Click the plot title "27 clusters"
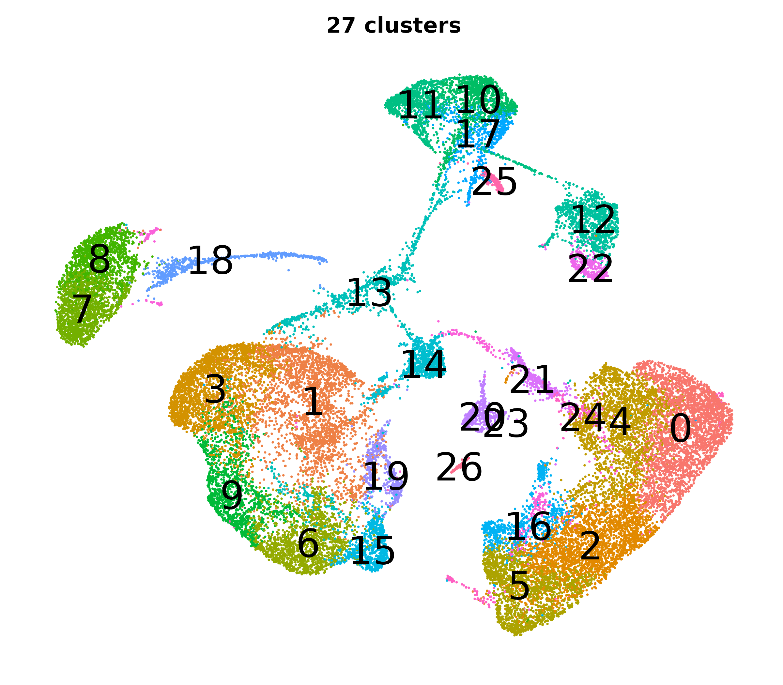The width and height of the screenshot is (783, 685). (x=393, y=26)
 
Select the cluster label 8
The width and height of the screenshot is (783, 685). (x=100, y=260)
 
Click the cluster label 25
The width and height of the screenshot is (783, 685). (x=494, y=182)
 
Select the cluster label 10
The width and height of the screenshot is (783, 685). (x=478, y=100)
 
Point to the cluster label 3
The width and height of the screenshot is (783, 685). (x=215, y=389)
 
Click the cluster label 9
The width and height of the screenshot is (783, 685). (x=232, y=496)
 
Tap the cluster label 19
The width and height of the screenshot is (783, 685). (x=386, y=477)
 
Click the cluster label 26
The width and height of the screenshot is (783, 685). (x=459, y=467)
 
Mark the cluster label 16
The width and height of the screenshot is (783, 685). (x=529, y=527)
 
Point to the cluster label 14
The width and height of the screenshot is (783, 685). (x=423, y=365)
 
